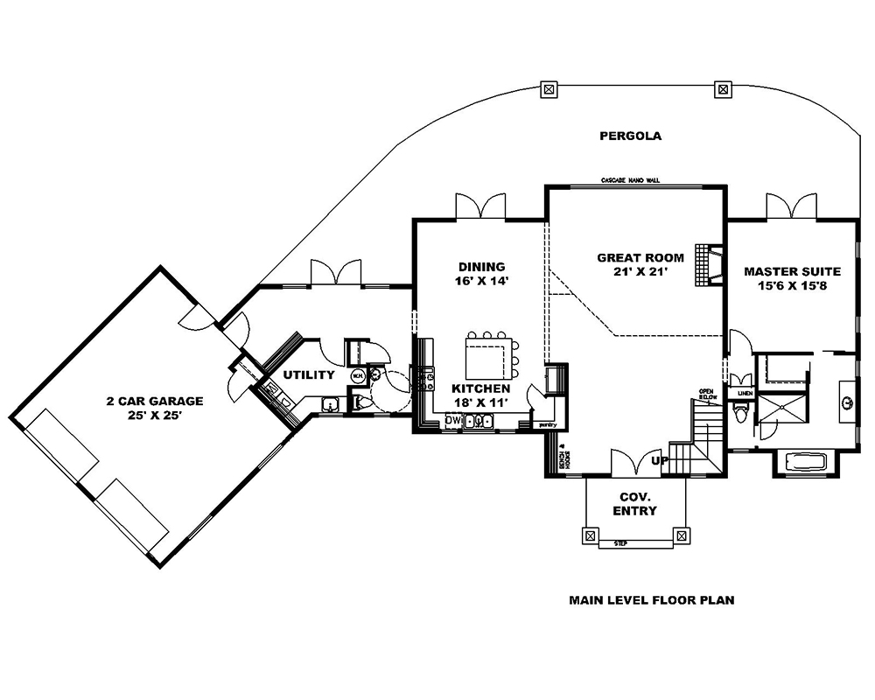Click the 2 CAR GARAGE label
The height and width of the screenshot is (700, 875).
(x=155, y=402)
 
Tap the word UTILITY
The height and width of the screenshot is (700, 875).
(x=308, y=375)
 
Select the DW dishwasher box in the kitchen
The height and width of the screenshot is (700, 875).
(x=452, y=421)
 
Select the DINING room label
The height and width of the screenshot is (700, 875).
(x=481, y=267)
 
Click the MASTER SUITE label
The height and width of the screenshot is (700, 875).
(x=792, y=271)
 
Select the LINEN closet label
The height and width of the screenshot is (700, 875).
(x=745, y=394)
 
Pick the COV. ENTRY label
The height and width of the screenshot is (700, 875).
(x=635, y=503)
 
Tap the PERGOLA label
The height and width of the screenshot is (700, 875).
(x=630, y=136)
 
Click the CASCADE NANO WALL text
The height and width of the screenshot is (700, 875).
(x=630, y=180)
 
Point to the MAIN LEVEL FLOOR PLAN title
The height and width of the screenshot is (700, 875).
(x=651, y=600)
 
